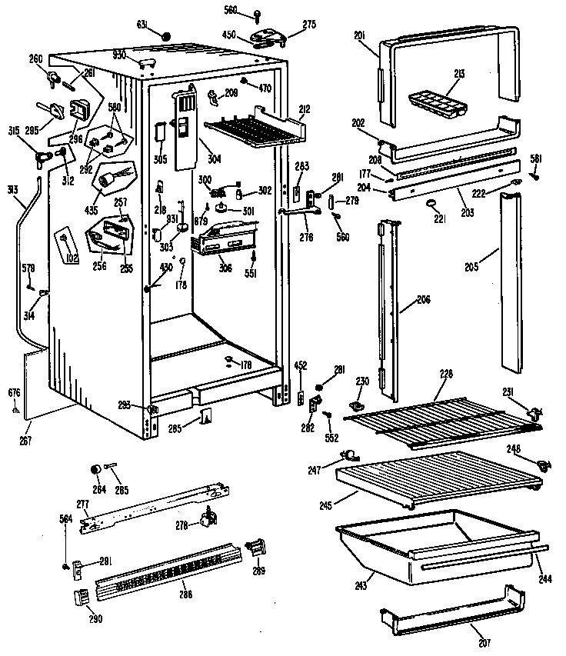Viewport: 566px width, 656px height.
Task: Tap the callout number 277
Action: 82,502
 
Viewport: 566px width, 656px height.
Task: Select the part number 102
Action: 73,258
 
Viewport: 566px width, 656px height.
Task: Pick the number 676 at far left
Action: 14,394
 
